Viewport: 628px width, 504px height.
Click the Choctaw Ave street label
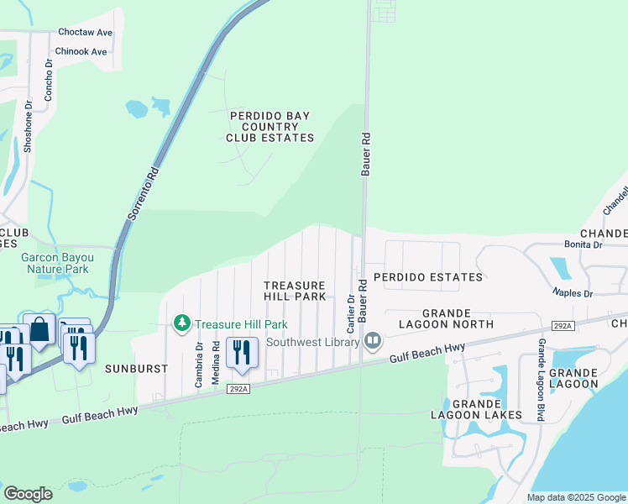85,33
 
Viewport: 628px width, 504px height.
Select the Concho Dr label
49,81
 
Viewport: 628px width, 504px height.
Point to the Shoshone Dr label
28,127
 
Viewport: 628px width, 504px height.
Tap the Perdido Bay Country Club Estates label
270,126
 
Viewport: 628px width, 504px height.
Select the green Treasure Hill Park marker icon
181,323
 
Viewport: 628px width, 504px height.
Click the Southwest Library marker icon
373,341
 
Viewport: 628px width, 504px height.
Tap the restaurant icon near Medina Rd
242,353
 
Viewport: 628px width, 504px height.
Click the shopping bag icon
39,331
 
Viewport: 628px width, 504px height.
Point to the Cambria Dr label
199,364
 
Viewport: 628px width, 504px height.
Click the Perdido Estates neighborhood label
428,277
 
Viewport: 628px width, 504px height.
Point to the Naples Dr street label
573,293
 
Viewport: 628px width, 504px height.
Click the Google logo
28,494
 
